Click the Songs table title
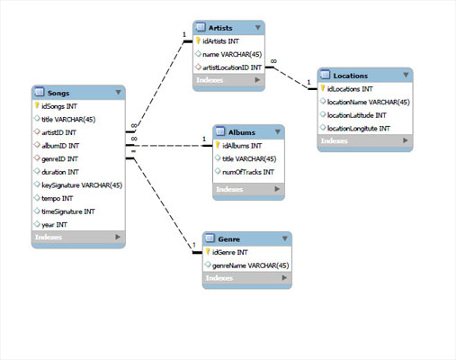tap(59, 92)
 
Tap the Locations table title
tap(351, 75)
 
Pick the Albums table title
tap(242, 131)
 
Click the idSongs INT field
tap(60, 106)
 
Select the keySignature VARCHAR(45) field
tap(82, 184)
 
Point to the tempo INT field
tap(60, 198)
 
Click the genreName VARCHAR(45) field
tap(249, 265)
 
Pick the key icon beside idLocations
tap(322, 89)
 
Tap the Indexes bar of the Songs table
tap(77, 238)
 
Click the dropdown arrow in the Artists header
tap(258, 27)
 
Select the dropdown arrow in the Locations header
tap(406, 75)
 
